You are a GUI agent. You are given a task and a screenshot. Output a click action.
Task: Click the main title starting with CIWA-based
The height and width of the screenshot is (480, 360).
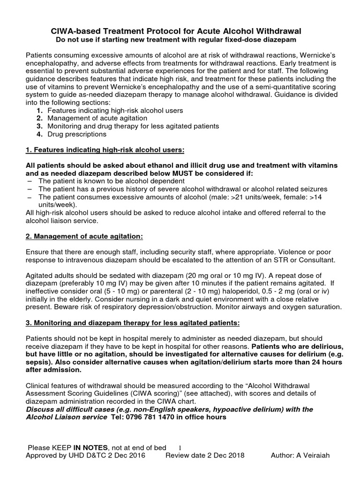tap(180, 30)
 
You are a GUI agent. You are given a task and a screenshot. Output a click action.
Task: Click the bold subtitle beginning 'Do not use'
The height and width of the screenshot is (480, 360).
tap(180, 40)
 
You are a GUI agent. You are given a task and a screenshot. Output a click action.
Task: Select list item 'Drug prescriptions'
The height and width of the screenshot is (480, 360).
tap(77, 134)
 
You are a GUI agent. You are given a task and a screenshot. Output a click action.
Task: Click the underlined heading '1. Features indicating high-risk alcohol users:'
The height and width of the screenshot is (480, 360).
tap(105, 150)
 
